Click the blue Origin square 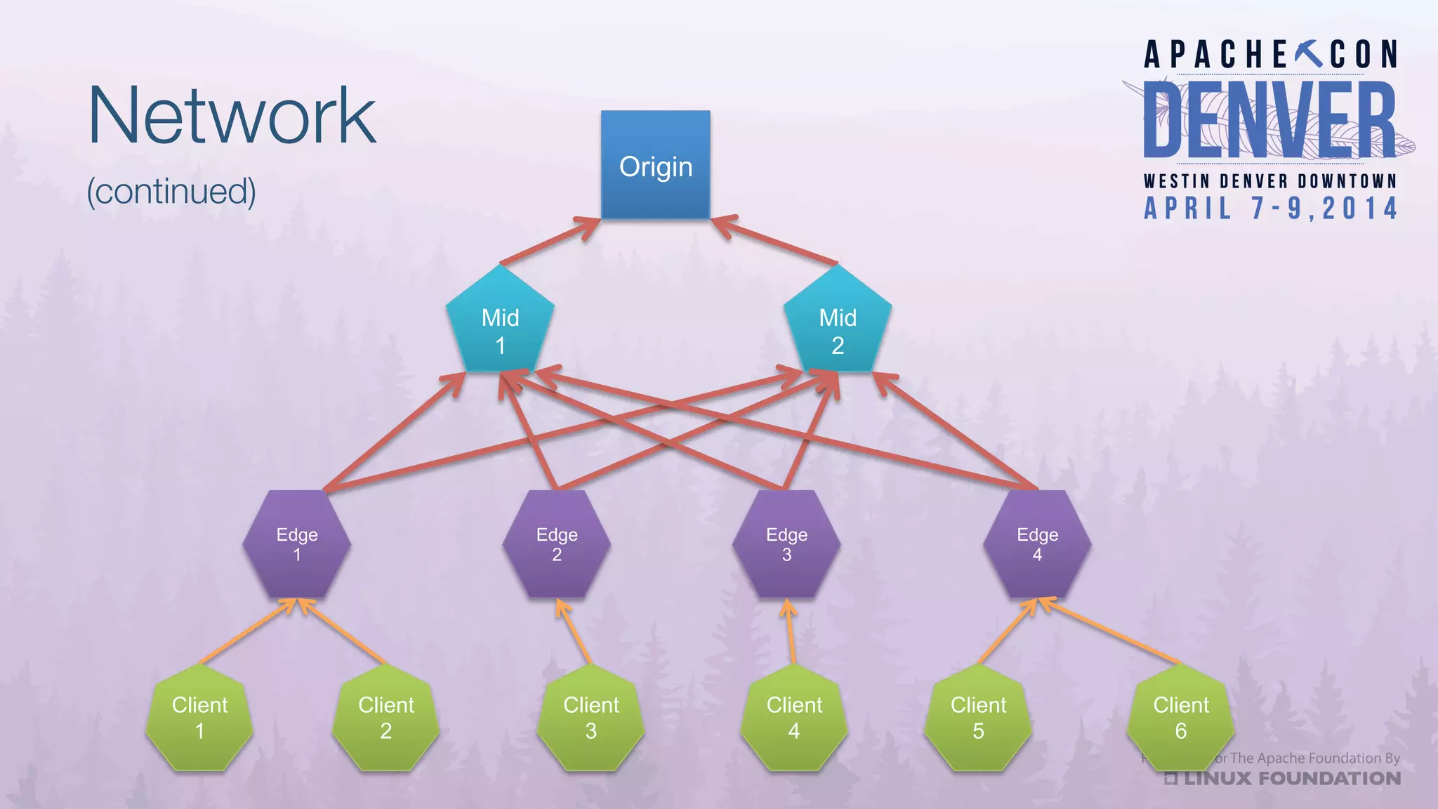click(655, 165)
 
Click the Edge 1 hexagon click(296, 544)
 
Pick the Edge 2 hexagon click(556, 544)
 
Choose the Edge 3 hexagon click(786, 544)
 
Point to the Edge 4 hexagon click(1037, 544)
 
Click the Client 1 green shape click(199, 718)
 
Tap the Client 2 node click(385, 718)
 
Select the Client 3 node click(591, 718)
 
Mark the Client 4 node click(793, 718)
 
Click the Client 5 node click(978, 718)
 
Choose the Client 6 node click(1180, 718)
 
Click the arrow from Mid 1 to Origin click(548, 242)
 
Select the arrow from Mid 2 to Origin click(776, 242)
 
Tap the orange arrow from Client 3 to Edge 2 click(574, 631)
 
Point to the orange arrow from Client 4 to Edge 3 click(791, 631)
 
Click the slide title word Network click(232, 116)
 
